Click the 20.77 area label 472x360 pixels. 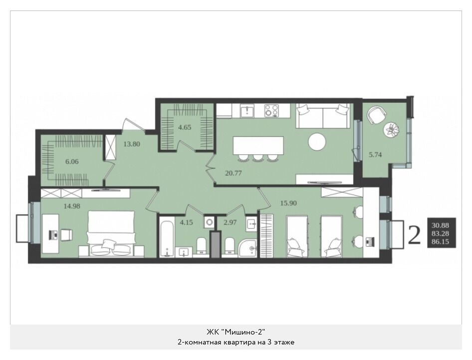point(234,173)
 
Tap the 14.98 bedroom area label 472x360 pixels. point(72,206)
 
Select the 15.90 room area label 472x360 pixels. point(288,203)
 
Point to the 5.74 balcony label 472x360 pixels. point(375,155)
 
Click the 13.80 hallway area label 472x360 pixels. point(132,144)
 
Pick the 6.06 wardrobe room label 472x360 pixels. point(72,161)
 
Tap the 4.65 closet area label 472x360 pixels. point(185,127)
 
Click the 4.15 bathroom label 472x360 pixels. point(186,223)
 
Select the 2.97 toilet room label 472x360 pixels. point(230,223)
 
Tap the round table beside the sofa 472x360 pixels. point(317,141)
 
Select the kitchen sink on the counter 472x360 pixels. point(247,110)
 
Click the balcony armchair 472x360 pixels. point(376,115)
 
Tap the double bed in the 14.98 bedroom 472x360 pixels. point(111,234)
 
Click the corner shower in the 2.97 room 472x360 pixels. point(247,249)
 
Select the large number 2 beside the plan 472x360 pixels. point(414,235)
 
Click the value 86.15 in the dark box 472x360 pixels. point(440,242)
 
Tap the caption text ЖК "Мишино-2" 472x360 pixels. point(236,332)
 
